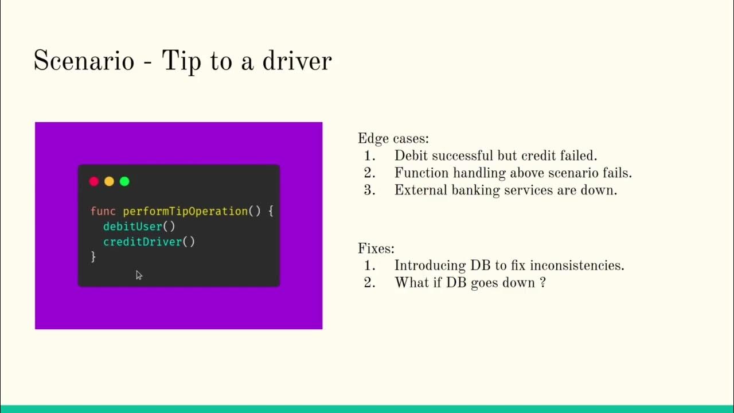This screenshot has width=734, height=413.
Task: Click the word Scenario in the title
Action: coord(84,61)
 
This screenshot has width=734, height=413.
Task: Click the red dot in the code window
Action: coord(94,181)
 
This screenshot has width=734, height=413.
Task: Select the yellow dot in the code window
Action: coord(109,181)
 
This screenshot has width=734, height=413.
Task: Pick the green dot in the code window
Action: coord(124,181)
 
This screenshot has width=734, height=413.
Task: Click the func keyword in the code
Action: coord(103,211)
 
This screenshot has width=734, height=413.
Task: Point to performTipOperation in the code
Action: coord(185,211)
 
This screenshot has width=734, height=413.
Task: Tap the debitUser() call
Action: coord(139,227)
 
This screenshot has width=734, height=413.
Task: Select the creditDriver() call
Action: coord(149,242)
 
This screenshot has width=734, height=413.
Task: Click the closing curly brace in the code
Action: coord(93,257)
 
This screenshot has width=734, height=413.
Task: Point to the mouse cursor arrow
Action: coord(138,275)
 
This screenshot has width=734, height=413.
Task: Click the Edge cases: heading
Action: coord(393,139)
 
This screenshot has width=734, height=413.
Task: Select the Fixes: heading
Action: coord(376,249)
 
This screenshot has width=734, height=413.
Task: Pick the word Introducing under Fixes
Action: coord(430,266)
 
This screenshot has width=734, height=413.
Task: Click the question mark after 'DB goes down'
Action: coord(542,283)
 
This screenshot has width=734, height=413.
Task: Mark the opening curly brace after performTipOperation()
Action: coord(270,211)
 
